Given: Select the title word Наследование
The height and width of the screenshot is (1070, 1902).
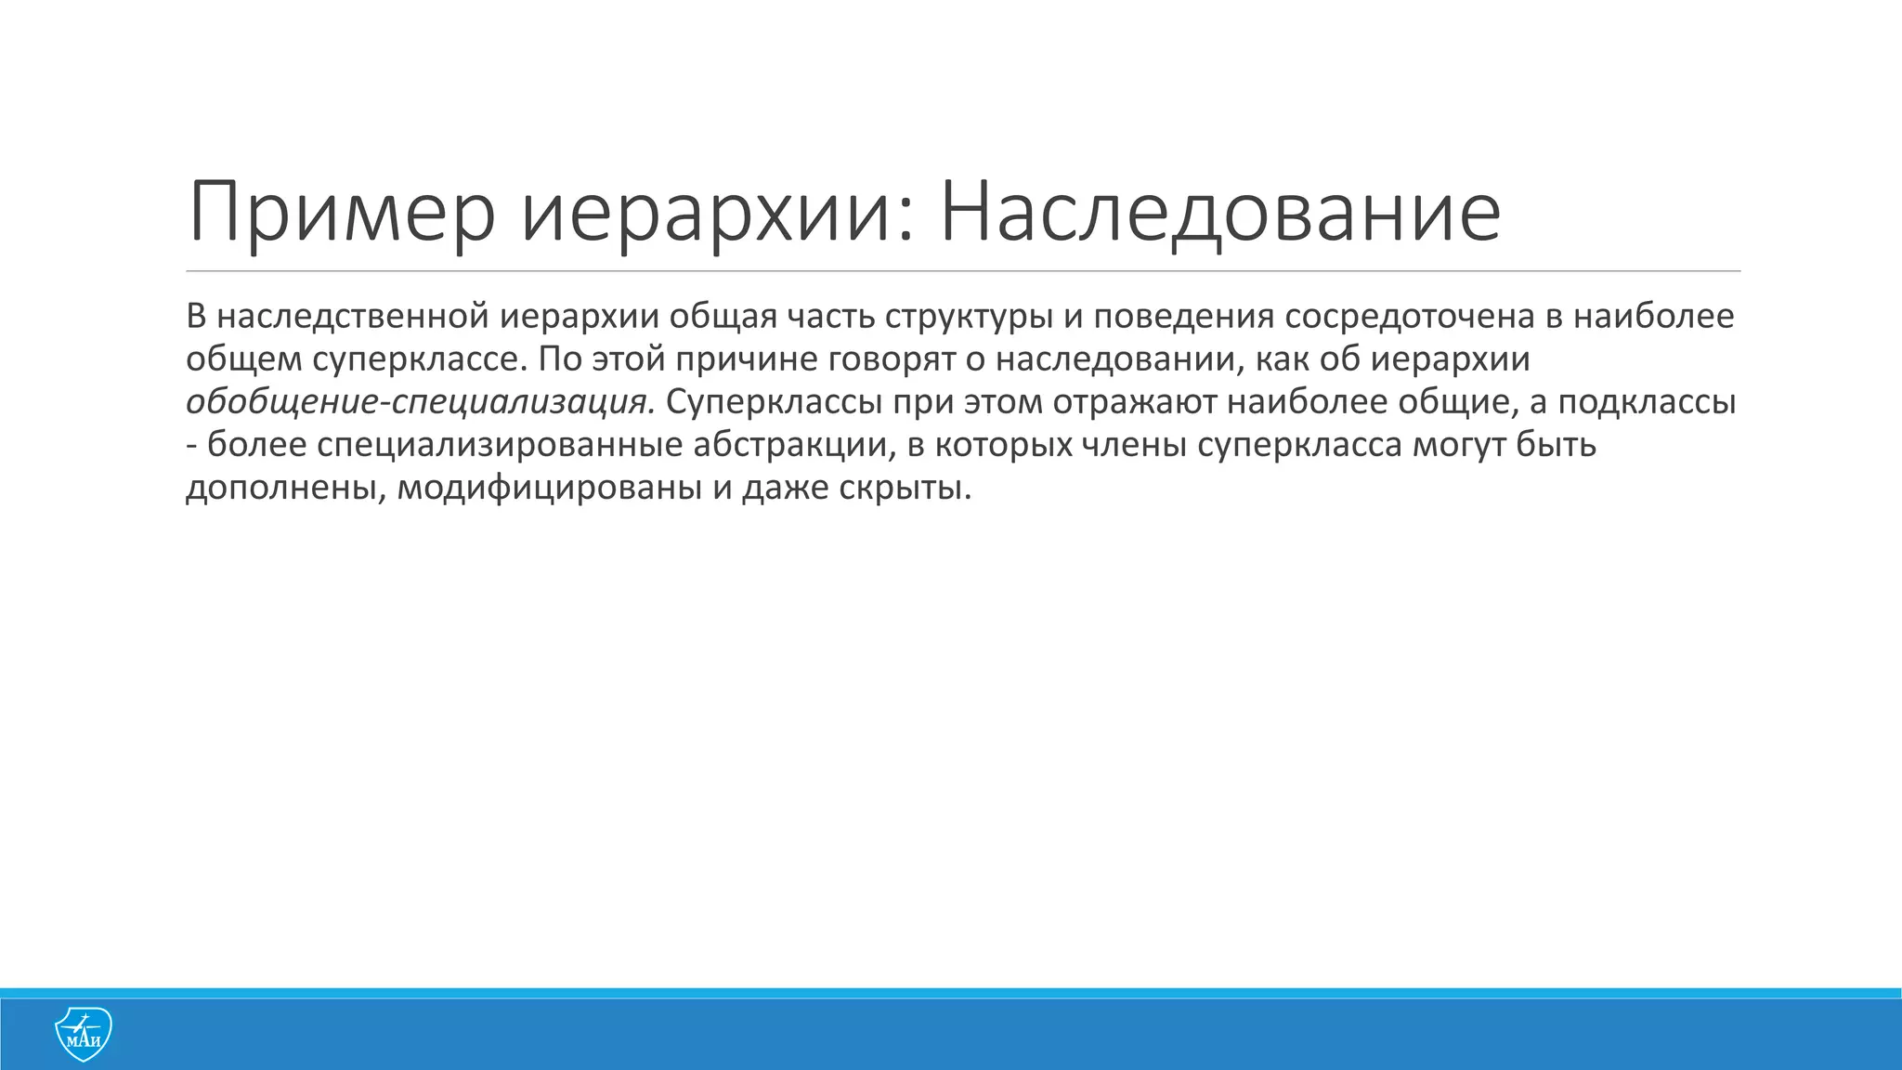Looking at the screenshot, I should point(1219,214).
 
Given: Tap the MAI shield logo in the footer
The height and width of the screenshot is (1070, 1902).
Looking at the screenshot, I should point(84,1034).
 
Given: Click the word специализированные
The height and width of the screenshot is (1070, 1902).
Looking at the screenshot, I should point(500,445).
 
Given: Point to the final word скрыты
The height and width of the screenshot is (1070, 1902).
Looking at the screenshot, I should point(905,488).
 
